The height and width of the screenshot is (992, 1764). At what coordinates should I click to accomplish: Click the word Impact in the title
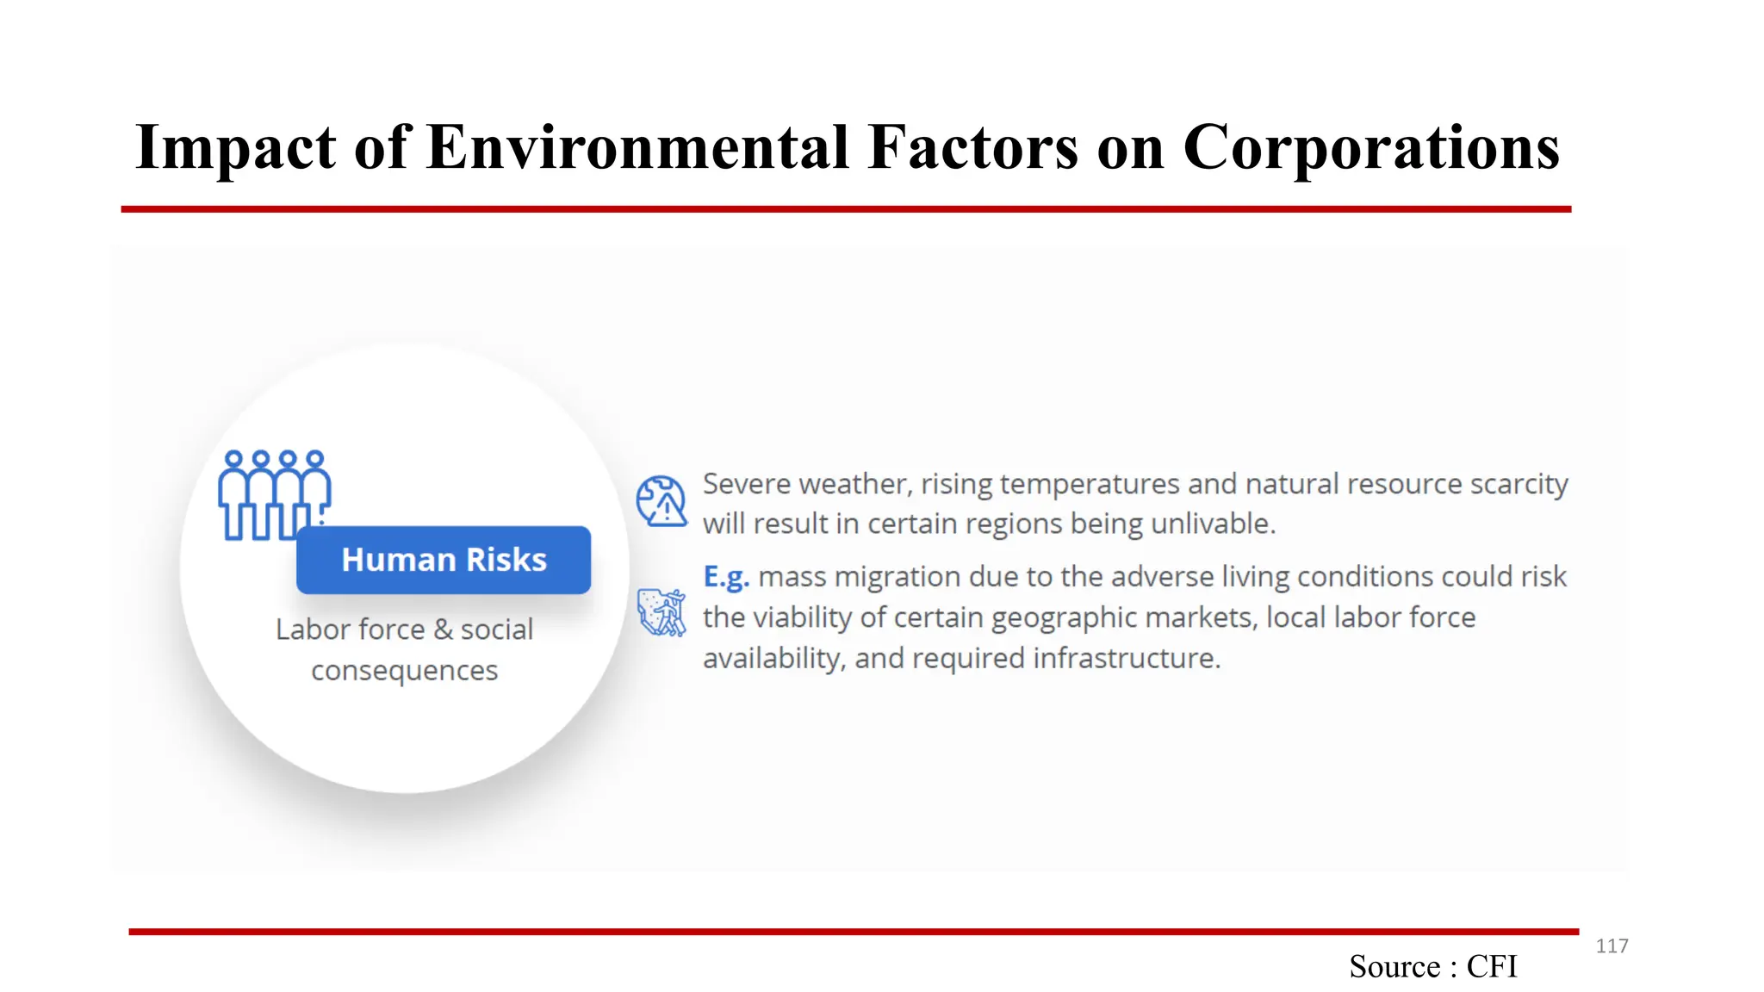pos(235,148)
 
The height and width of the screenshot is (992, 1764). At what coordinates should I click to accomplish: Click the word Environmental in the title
pos(638,148)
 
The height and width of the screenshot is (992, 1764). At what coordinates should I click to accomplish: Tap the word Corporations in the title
pos(1370,148)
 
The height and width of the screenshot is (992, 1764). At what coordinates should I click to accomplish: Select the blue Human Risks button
pos(444,560)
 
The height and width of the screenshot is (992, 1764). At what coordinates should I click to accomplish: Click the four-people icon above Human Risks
pos(274,494)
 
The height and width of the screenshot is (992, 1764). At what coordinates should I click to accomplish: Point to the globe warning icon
pos(661,500)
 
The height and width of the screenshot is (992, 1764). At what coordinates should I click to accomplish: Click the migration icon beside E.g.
pos(661,612)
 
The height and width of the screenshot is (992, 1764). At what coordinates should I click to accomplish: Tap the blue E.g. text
pos(726,576)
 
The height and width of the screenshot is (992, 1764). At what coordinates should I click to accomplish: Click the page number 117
pos(1612,946)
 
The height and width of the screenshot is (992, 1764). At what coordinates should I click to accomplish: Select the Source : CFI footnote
pos(1432,966)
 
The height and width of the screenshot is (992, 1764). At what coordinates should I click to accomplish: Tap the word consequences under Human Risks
pos(404,670)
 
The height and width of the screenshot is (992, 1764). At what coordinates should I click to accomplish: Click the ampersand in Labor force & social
pos(443,629)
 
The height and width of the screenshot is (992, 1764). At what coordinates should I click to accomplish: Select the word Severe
pos(746,484)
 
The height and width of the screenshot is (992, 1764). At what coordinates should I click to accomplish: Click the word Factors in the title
pos(972,148)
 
